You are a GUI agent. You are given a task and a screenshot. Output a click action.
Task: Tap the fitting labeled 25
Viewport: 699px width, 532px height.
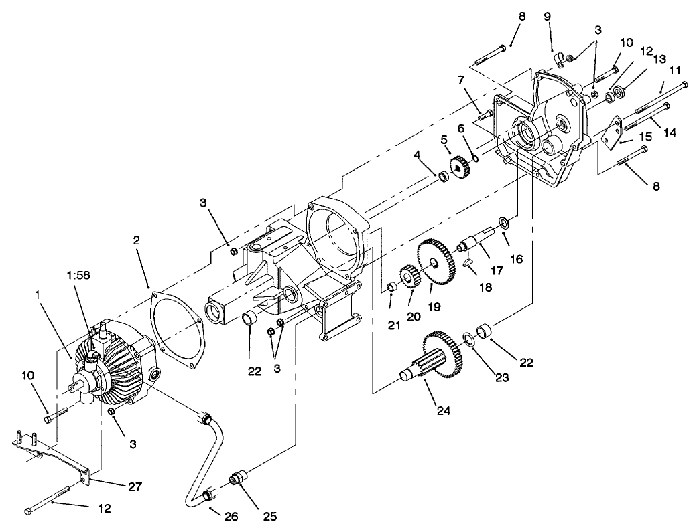click(238, 481)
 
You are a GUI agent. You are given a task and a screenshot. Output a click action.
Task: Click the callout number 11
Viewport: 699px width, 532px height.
click(675, 70)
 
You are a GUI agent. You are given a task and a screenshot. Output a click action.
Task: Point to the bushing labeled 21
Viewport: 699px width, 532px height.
click(388, 287)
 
